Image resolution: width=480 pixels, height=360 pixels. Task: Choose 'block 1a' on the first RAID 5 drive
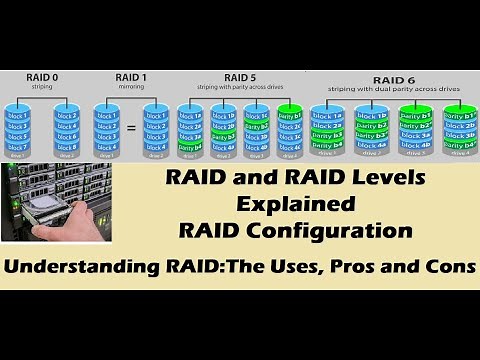point(189,117)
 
